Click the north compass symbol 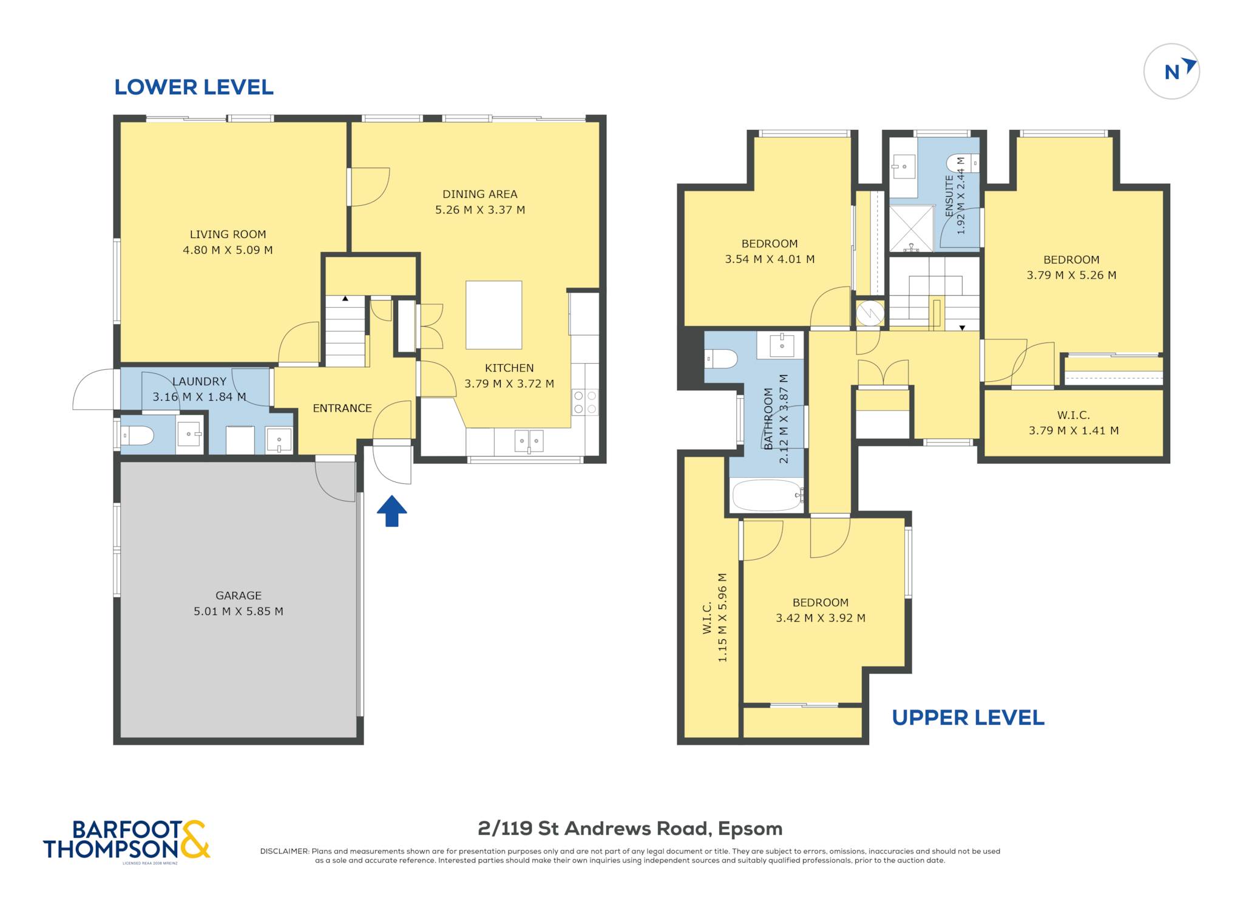pyautogui.click(x=1171, y=72)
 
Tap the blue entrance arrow pyautogui.click(x=392, y=511)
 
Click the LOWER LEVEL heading pyautogui.click(x=194, y=87)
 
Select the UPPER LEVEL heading pyautogui.click(x=968, y=718)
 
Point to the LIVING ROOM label pyautogui.click(x=228, y=234)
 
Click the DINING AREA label pyautogui.click(x=480, y=194)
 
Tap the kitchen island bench pyautogui.click(x=494, y=315)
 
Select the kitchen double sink pyautogui.click(x=529, y=441)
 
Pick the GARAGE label pyautogui.click(x=239, y=596)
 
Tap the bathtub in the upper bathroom pyautogui.click(x=767, y=495)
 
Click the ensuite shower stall pyautogui.click(x=912, y=228)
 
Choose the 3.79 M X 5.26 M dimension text pyautogui.click(x=1071, y=275)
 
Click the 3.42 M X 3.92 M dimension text pyautogui.click(x=821, y=618)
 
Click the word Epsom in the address pyautogui.click(x=750, y=829)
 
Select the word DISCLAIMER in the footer pyautogui.click(x=285, y=851)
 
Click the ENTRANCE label pyautogui.click(x=342, y=409)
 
